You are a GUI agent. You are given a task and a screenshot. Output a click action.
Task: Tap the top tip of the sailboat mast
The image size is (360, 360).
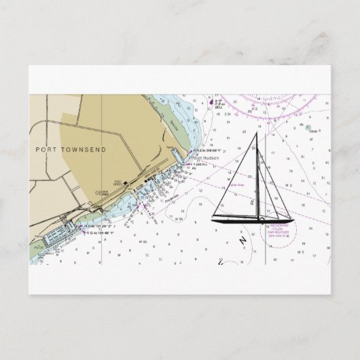coord(257,132)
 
